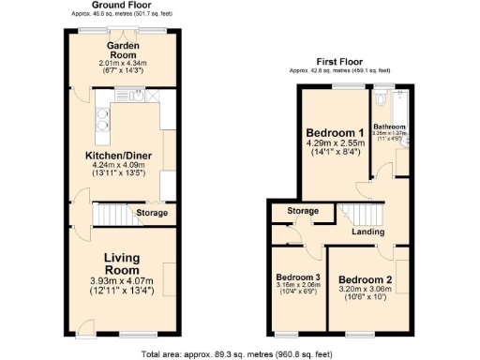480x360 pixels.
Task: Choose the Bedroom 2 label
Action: [x=367, y=279]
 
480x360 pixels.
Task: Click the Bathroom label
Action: [x=389, y=127]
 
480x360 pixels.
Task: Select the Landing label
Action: [x=368, y=232]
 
